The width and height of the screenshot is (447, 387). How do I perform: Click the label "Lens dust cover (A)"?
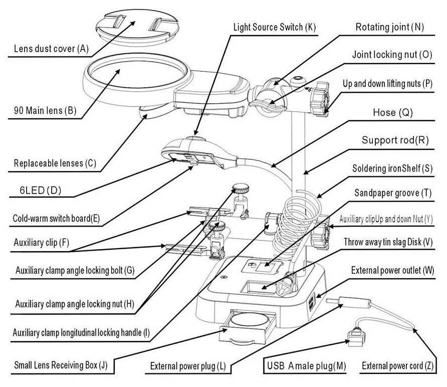[51, 49]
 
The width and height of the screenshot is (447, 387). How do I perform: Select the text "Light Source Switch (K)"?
[275, 27]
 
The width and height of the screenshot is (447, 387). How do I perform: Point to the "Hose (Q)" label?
[392, 113]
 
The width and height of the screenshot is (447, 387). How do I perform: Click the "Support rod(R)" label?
[395, 141]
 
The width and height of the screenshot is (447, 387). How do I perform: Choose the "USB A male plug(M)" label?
[305, 366]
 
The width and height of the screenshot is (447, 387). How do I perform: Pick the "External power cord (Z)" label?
[399, 365]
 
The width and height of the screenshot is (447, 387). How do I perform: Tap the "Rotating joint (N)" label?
[389, 27]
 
